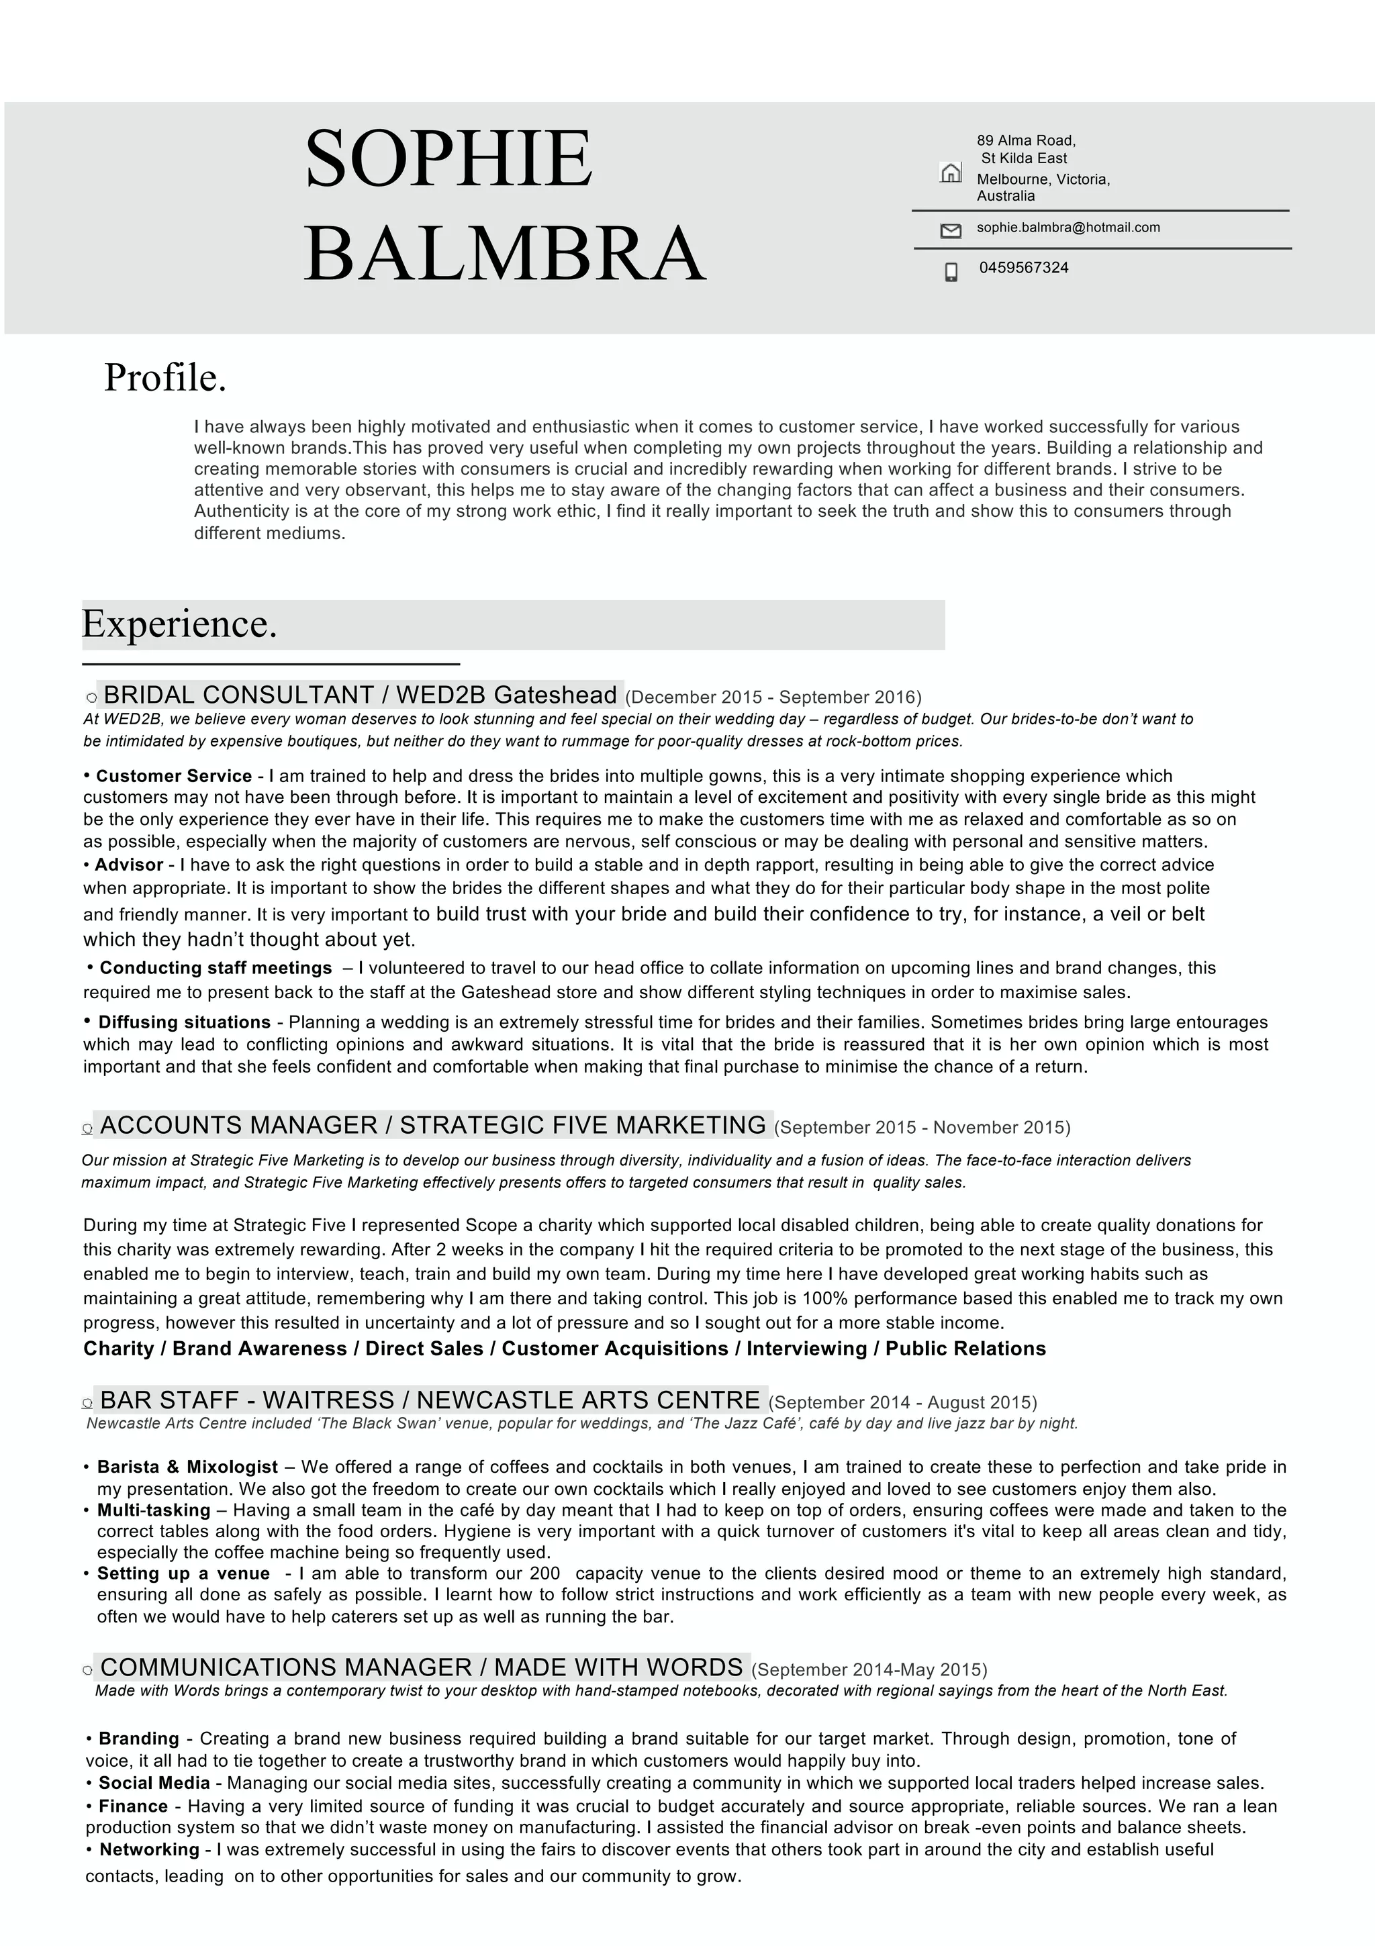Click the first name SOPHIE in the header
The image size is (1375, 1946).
click(x=448, y=158)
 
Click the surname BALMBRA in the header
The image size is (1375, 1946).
click(x=504, y=254)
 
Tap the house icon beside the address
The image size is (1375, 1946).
click(x=950, y=173)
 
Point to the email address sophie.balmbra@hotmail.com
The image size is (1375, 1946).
click(x=1068, y=227)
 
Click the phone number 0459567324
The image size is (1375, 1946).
click(x=1023, y=268)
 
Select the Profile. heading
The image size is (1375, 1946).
click(x=165, y=378)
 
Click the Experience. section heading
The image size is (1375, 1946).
click(x=180, y=625)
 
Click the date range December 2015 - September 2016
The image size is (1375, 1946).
click(x=773, y=697)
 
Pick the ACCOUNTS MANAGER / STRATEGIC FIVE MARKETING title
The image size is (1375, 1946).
click(x=432, y=1126)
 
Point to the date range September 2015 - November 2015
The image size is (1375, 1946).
click(x=922, y=1128)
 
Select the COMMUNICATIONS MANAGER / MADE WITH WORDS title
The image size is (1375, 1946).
click(x=422, y=1668)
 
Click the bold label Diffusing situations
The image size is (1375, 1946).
click(x=184, y=1022)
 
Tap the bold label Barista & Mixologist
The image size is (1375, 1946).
click(x=187, y=1467)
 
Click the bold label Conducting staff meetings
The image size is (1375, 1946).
click(x=216, y=968)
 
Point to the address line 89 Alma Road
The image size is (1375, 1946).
click(x=1026, y=141)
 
